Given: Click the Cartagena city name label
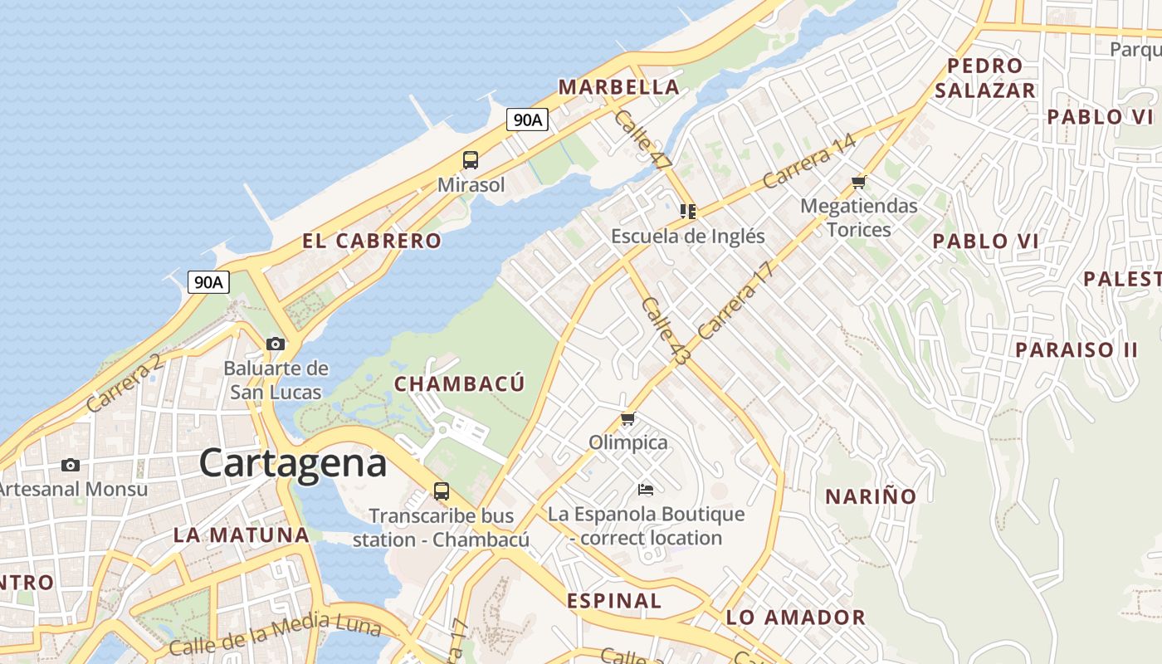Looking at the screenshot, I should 293,463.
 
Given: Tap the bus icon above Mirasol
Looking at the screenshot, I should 471,160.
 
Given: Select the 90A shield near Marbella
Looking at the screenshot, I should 528,120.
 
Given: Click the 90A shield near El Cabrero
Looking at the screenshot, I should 208,282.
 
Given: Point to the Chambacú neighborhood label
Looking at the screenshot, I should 459,384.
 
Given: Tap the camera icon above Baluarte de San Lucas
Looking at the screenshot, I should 276,344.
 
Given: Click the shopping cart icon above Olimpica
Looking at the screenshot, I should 627,419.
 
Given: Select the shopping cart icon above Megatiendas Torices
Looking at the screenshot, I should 859,182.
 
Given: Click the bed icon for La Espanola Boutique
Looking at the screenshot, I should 646,490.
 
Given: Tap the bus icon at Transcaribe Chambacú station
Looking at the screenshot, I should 442,491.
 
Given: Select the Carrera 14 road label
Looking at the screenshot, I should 808,160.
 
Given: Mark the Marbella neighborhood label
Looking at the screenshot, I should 618,87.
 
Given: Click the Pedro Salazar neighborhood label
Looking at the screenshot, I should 985,78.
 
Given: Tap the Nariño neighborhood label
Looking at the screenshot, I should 871,497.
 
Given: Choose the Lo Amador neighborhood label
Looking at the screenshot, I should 795,618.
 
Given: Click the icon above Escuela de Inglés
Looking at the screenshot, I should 687,212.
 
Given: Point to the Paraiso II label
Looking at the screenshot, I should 1077,349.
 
